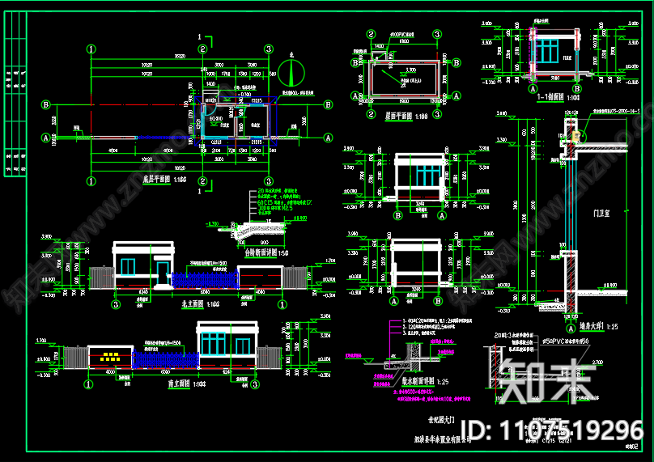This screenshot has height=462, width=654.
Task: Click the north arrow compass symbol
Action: point(291,74)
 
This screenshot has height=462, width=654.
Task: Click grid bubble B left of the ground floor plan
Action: point(47,104)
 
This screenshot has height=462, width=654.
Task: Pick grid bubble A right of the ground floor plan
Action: point(329,138)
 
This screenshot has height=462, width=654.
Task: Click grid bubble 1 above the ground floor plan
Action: point(92,48)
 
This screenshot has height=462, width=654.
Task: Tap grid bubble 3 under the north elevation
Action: point(116,304)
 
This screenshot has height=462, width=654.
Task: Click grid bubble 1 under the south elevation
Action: point(88,385)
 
